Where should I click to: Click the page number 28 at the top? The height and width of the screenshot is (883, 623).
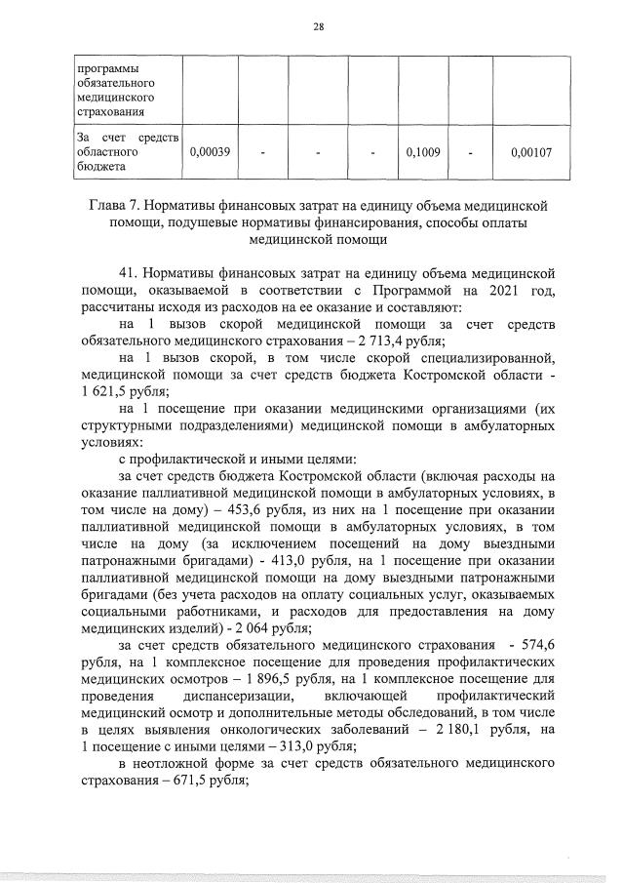[x=318, y=26]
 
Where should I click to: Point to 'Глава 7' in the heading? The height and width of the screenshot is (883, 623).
[x=134, y=206]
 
